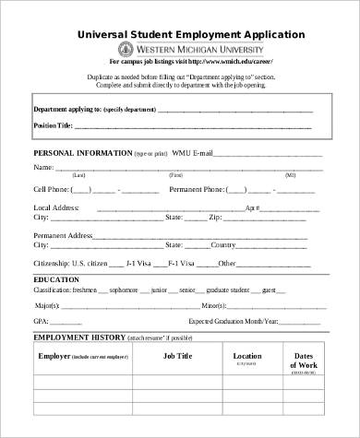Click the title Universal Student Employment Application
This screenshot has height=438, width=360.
tap(189, 34)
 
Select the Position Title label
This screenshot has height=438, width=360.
tap(54, 124)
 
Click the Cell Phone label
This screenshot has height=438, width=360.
tap(51, 189)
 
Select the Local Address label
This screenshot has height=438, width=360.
tap(56, 209)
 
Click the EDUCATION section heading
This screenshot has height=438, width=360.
tap(56, 278)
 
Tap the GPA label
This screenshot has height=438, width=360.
tap(42, 321)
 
